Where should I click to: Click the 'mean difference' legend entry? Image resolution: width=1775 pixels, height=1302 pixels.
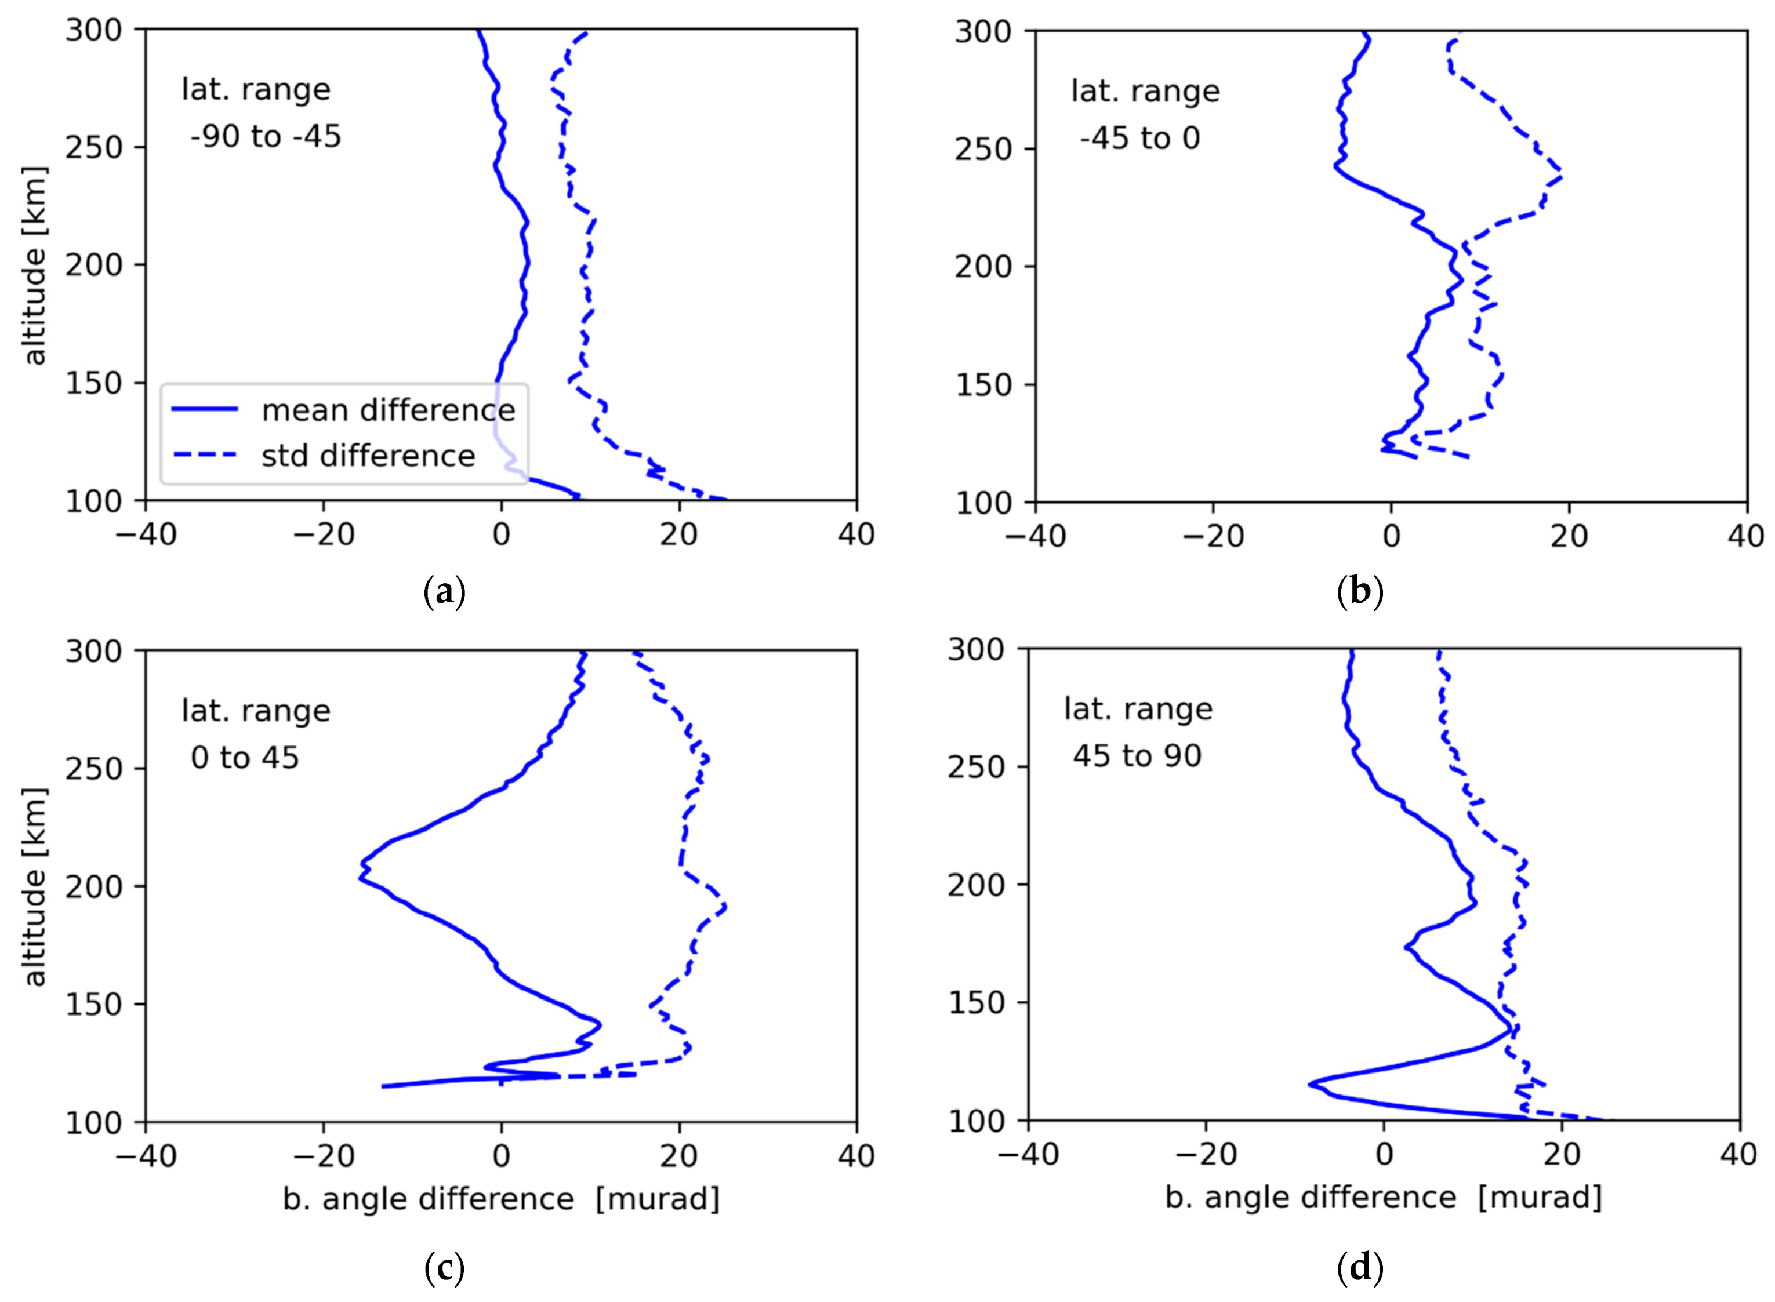(x=388, y=410)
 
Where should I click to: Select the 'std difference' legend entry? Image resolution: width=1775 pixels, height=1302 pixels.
(x=368, y=456)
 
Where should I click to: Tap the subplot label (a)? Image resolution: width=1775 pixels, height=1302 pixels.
(x=445, y=592)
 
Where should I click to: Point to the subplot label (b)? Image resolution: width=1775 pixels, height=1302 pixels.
(x=1360, y=592)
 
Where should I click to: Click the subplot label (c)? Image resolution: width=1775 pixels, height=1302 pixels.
(x=445, y=1269)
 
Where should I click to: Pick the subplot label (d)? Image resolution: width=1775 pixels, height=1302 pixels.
(x=1360, y=1269)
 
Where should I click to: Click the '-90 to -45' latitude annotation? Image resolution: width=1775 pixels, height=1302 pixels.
(x=266, y=136)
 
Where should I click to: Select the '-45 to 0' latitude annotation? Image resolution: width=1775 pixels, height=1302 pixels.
(x=1139, y=138)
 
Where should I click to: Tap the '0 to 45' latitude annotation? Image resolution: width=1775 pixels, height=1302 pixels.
(x=245, y=758)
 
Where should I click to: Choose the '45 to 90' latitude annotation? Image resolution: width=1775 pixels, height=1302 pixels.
(x=1137, y=756)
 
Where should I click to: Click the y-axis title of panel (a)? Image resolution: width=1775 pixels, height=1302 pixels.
(x=35, y=265)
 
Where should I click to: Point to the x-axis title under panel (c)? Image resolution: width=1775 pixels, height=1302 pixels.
(x=501, y=1199)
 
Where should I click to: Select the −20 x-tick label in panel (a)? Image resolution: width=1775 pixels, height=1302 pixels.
(x=323, y=535)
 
